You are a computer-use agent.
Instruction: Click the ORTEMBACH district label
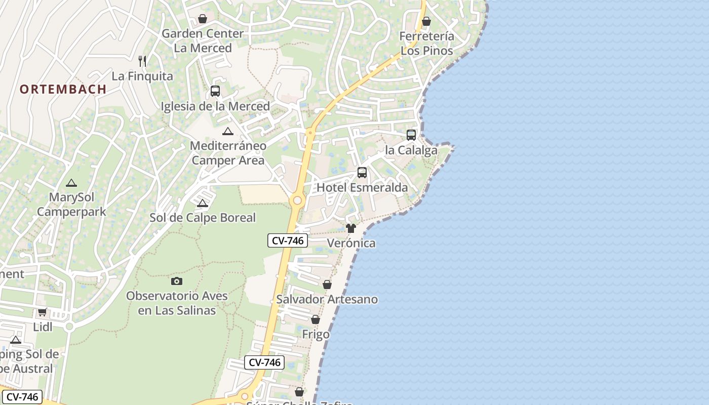click(x=63, y=89)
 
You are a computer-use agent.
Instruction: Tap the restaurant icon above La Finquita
click(x=142, y=61)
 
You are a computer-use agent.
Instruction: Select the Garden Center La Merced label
click(x=203, y=41)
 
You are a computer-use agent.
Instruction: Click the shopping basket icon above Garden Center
click(x=203, y=19)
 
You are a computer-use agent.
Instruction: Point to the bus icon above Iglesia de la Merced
click(x=215, y=91)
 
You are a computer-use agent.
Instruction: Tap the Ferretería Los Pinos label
click(x=427, y=44)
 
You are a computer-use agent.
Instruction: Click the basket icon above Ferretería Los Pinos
click(x=426, y=21)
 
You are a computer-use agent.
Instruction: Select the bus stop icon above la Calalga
click(x=411, y=135)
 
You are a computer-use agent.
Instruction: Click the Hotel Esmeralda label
click(x=362, y=188)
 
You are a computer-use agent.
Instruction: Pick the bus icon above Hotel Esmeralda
click(x=362, y=173)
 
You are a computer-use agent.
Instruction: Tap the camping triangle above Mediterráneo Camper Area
click(x=228, y=132)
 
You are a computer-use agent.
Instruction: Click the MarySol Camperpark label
click(x=72, y=204)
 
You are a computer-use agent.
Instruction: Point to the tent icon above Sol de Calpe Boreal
click(x=203, y=204)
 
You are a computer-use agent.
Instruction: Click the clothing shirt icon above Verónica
click(x=351, y=228)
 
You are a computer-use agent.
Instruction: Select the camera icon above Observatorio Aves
click(x=177, y=281)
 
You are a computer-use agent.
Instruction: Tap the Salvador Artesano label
click(x=327, y=299)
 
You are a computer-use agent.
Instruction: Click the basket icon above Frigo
click(x=316, y=320)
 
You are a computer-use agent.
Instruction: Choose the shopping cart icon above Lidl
click(x=43, y=312)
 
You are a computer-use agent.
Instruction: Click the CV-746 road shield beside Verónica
click(x=288, y=241)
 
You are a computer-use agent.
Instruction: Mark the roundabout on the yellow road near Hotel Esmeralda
click(x=297, y=200)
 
